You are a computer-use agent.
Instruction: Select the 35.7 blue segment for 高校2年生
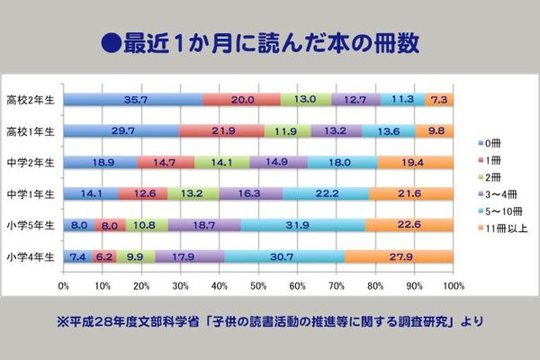[133, 100]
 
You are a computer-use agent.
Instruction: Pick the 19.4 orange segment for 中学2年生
[416, 162]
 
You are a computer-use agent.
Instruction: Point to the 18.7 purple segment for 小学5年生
[204, 224]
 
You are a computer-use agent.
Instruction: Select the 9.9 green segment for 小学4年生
[134, 256]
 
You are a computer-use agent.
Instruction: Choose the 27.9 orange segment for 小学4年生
[399, 256]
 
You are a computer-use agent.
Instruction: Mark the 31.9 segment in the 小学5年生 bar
[303, 224]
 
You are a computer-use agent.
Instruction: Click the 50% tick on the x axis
[258, 285]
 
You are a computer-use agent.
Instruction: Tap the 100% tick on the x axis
[453, 285]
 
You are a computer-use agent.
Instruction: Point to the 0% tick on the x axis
[64, 285]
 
